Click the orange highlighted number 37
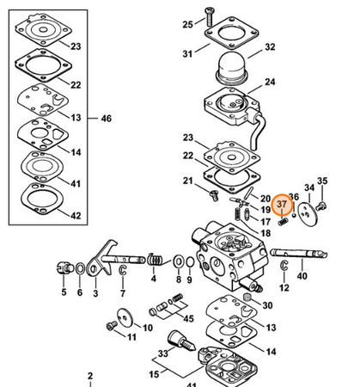pyautogui.click(x=282, y=204)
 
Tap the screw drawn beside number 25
pyautogui.click(x=209, y=16)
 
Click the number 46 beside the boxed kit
pyautogui.click(x=106, y=119)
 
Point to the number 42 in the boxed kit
pyautogui.click(x=76, y=216)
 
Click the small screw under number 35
pyautogui.click(x=321, y=206)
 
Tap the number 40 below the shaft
pyautogui.click(x=302, y=276)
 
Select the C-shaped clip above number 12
pyautogui.click(x=284, y=265)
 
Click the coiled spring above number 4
pyautogui.click(x=155, y=260)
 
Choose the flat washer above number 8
pyautogui.click(x=179, y=261)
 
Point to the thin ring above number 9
pyautogui.click(x=190, y=262)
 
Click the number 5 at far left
pyautogui.click(x=64, y=292)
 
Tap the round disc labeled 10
pyautogui.click(x=125, y=317)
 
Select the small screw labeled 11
pyautogui.click(x=112, y=326)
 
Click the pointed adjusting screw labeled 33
pyautogui.click(x=180, y=341)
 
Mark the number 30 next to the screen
pyautogui.click(x=267, y=305)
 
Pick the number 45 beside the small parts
pyautogui.click(x=188, y=318)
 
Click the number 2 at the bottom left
pyautogui.click(x=90, y=376)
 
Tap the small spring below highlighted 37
pyautogui.click(x=283, y=221)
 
